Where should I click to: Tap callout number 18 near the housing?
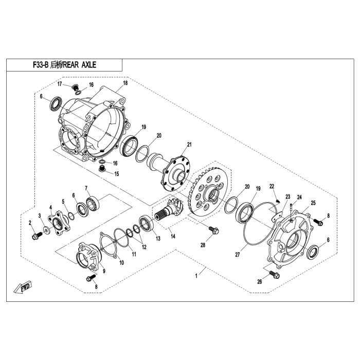125,83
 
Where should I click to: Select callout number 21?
189,145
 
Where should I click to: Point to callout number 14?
173,236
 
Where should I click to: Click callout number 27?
238,255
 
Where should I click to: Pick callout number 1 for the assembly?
196,276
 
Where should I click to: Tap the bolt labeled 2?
37,236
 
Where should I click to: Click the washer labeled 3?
47,229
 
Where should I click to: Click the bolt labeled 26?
274,274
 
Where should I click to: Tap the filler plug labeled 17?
75,87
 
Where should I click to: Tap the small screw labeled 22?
278,202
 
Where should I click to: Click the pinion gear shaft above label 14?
170,209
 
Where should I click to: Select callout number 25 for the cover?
313,203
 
